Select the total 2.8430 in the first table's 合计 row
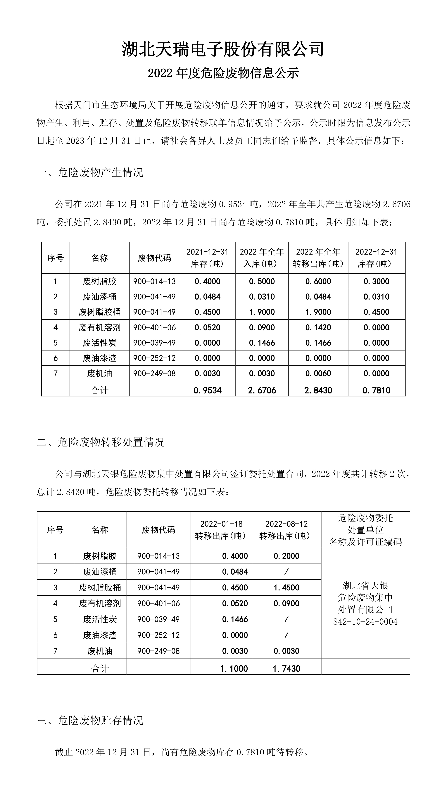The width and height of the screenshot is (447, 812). coord(318,390)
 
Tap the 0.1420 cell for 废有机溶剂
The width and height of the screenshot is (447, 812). coord(318,327)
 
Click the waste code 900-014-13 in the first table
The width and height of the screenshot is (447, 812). coord(154,281)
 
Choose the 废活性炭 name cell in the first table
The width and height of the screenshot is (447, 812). coord(100,343)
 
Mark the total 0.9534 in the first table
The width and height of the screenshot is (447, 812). coord(207,390)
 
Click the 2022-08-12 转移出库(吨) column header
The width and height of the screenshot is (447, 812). coord(286,530)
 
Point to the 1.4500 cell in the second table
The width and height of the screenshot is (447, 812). coord(286,588)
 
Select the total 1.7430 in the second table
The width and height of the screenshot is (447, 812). coord(286,668)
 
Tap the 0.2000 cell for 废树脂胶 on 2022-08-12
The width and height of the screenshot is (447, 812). coord(286,556)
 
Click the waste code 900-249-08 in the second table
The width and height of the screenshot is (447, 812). coord(158,651)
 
